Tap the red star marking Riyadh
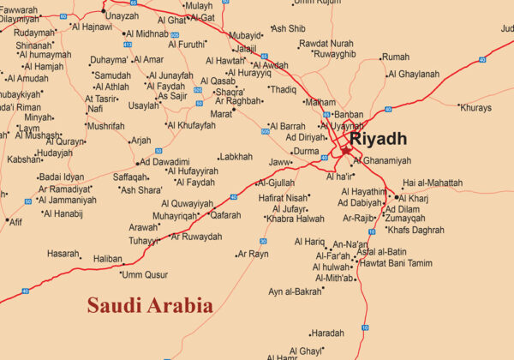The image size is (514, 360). point(346,149)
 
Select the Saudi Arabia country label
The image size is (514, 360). point(150,305)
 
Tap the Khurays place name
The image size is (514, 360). point(476,108)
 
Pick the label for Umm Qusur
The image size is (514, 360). point(145,274)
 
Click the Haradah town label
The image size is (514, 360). point(327,333)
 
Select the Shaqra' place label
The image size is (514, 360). point(230,92)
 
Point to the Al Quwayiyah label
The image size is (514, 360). point(187,203)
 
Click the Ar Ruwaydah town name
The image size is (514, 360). point(197,237)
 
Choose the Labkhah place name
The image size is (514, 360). point(236,157)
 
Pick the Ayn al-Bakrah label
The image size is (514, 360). point(295,291)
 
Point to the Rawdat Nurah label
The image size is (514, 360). point(326,43)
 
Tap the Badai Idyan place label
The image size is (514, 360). point(61,177)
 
